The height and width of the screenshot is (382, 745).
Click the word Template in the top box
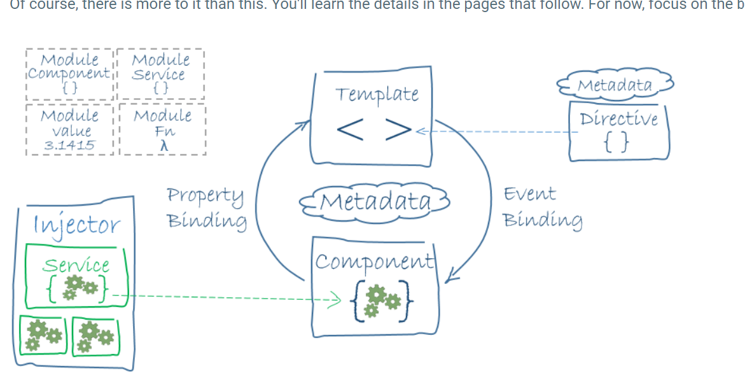click(x=377, y=95)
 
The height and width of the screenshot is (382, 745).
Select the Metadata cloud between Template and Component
click(x=375, y=202)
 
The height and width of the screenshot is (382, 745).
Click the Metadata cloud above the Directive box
click(x=614, y=85)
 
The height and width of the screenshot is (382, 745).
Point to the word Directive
click(x=618, y=120)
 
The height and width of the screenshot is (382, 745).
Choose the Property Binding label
click(x=205, y=208)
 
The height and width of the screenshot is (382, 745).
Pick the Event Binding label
click(x=541, y=207)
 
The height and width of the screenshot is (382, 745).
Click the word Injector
click(x=76, y=224)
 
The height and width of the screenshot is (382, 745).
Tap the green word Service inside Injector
click(x=76, y=265)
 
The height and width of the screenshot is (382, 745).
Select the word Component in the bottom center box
click(x=375, y=262)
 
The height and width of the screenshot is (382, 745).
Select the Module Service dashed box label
click(x=160, y=67)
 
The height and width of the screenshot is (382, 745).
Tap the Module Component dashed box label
click(x=69, y=67)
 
